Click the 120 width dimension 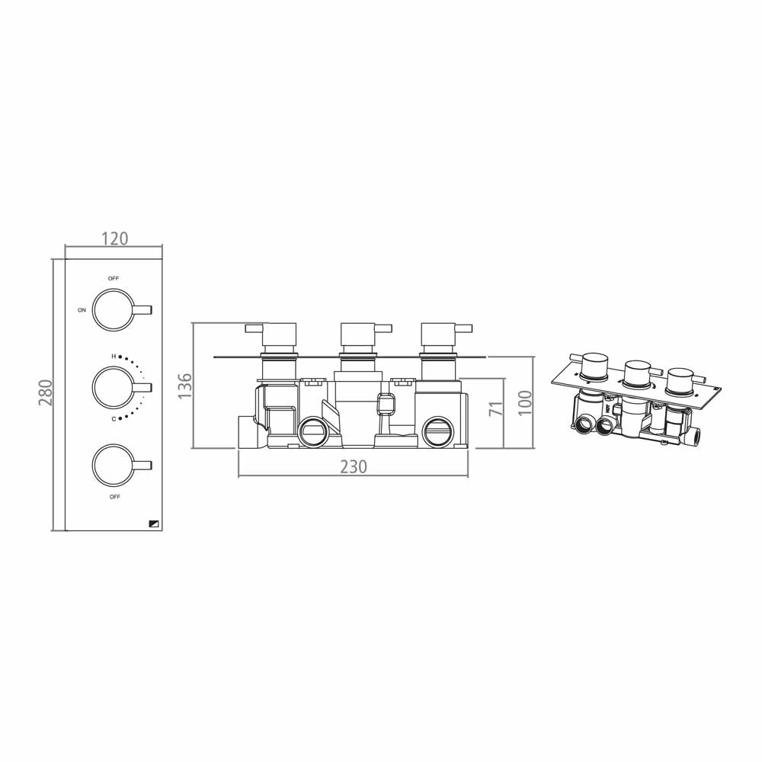114,239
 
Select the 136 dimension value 184,386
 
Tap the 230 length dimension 353,466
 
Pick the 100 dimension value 524,401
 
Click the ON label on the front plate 82,310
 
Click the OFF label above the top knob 114,279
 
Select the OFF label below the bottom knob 114,497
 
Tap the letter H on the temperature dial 114,356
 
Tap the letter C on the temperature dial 114,418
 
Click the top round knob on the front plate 112,309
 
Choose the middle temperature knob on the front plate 112,387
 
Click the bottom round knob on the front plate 112,464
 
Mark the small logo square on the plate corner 155,523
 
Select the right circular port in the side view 437,431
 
